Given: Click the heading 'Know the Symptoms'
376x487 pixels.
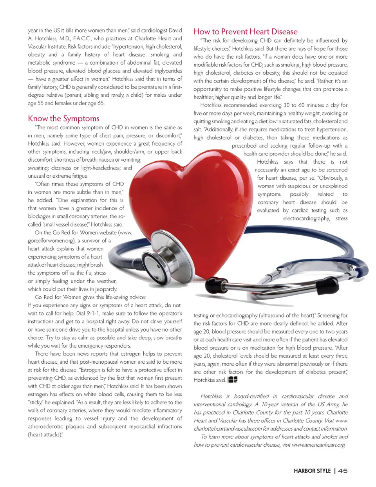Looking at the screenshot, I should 63,119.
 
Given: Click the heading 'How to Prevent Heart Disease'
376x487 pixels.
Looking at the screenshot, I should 246,32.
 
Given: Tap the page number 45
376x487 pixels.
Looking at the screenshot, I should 343,471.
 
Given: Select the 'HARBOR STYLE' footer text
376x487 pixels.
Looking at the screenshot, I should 312,471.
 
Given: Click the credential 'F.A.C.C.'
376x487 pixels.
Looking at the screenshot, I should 81,39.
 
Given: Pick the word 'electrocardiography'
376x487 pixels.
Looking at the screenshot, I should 306,218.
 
